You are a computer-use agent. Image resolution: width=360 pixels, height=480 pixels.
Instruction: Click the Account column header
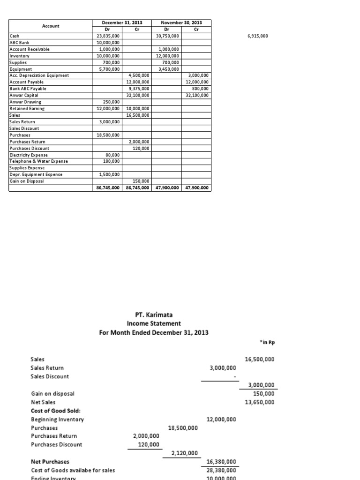coord(51,26)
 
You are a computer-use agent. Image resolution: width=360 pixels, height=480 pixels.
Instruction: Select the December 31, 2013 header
coord(122,22)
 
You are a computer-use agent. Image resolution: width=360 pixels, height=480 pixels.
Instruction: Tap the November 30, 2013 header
coord(181,22)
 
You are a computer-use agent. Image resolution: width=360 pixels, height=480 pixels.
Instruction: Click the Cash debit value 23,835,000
coord(107,36)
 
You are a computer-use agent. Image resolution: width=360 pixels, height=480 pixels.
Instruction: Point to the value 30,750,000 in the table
coord(167,36)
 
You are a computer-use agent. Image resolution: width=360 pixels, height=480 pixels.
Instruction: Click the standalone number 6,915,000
coord(257,36)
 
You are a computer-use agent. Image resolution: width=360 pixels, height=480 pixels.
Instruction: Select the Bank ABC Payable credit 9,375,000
coord(138,88)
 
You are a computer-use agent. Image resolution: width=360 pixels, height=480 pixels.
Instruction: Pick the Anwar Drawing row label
coord(25,102)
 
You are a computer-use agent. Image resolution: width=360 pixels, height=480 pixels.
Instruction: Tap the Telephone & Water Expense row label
coord(39,161)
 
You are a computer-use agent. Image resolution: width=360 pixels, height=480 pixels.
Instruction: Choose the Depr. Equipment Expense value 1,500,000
coord(109,174)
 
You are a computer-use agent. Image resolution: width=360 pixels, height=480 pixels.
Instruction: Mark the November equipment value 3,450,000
coord(168,68)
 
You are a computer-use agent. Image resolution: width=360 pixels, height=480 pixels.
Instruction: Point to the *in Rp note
coord(267,343)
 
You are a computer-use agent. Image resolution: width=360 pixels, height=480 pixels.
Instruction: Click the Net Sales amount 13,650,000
coord(260,402)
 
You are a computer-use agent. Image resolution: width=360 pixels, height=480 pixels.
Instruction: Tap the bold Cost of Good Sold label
coord(50,411)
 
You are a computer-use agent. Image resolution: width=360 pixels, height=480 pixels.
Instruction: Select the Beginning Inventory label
coord(57,419)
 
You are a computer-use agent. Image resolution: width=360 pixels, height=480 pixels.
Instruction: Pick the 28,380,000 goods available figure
coord(221,470)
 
